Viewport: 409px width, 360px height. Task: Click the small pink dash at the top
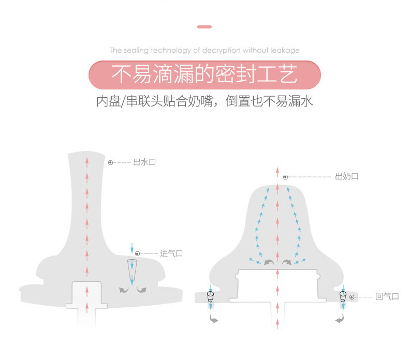point(204,26)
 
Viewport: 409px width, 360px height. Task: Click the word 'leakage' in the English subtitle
point(284,50)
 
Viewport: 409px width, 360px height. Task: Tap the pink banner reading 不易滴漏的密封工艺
point(204,75)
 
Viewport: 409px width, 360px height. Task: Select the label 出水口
point(144,162)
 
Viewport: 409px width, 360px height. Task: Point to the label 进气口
point(171,253)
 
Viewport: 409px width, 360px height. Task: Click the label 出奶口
point(347,176)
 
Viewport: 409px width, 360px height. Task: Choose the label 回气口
point(387,296)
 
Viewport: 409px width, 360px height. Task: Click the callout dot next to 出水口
point(110,162)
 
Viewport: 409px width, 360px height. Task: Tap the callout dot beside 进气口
point(137,253)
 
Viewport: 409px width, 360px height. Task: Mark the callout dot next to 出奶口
point(285,177)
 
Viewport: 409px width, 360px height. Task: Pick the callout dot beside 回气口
point(352,297)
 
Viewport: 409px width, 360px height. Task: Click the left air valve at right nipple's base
point(211,296)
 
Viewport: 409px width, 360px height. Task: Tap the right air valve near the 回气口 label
point(342,296)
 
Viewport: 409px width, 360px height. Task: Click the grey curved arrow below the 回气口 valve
point(340,320)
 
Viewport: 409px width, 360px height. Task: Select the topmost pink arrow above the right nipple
point(277,172)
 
